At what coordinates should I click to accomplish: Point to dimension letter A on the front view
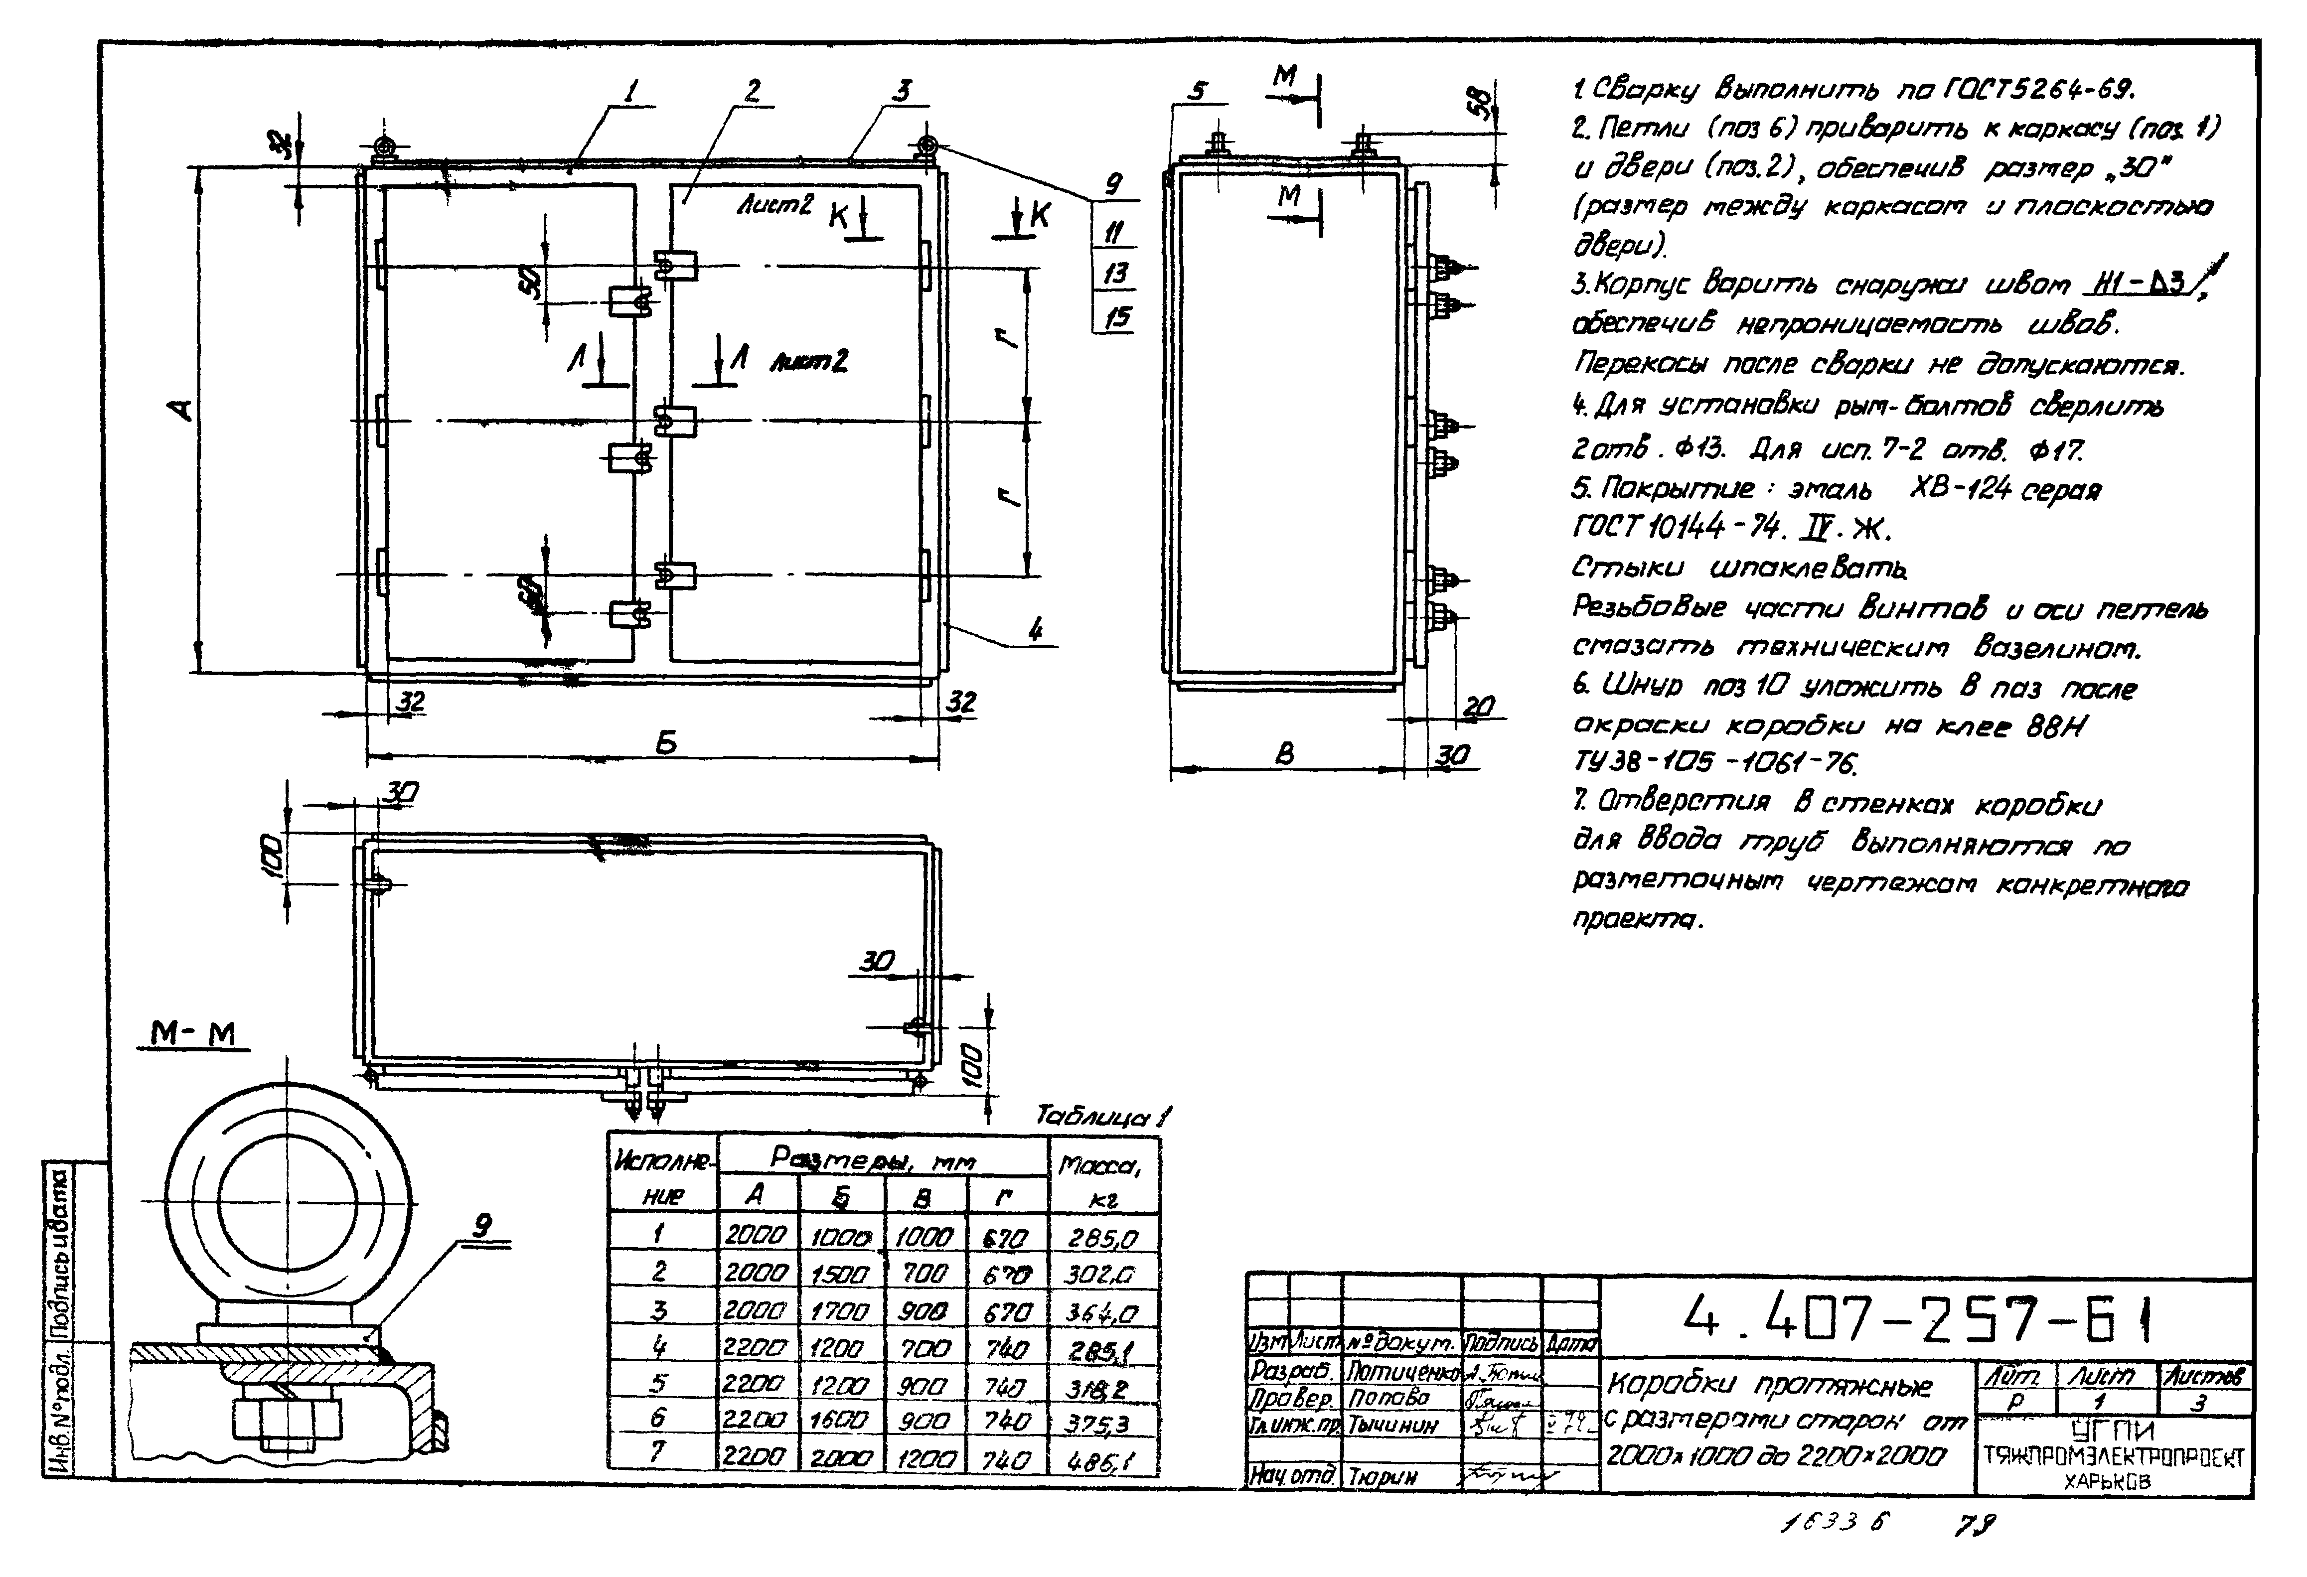tap(181, 409)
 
